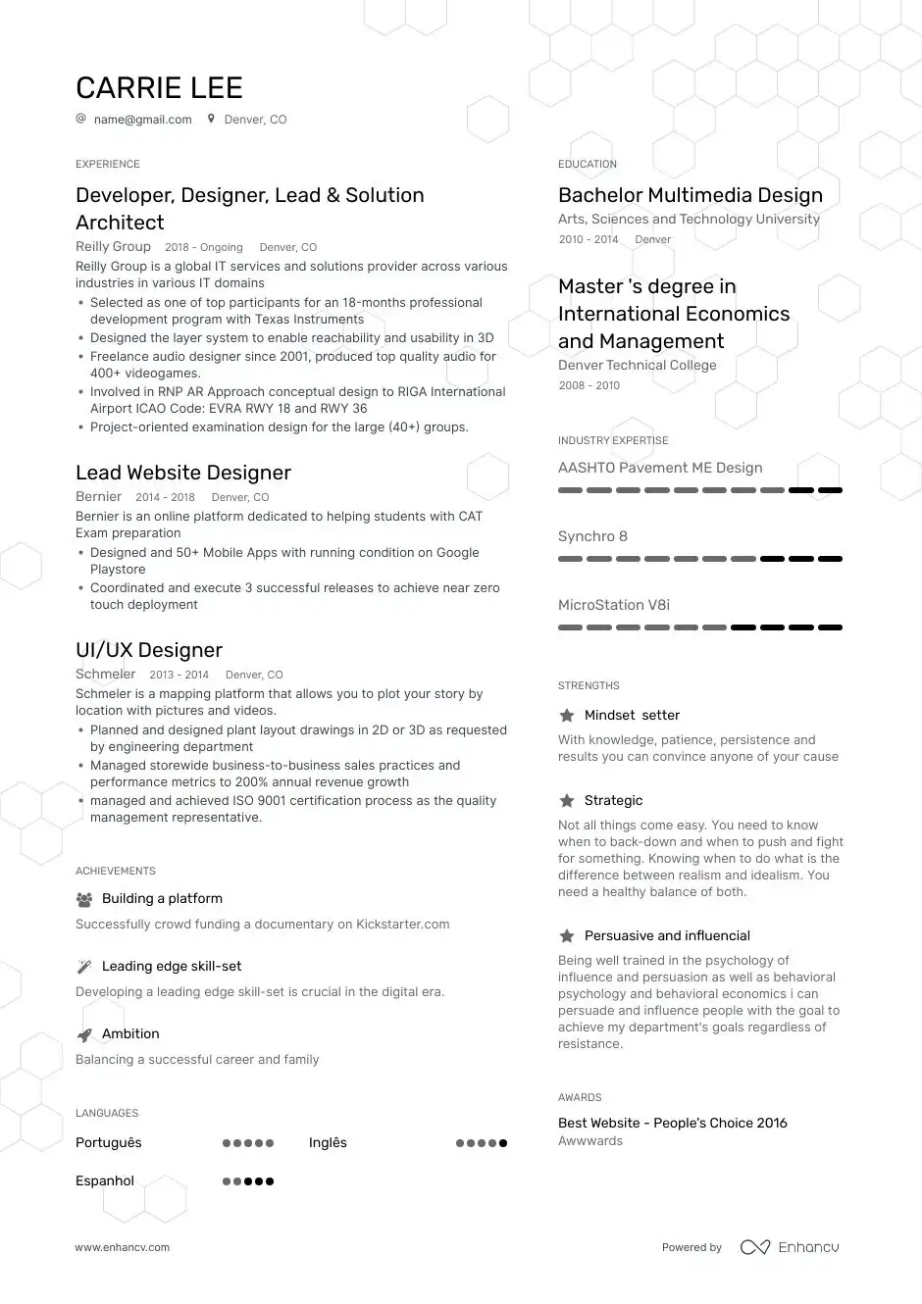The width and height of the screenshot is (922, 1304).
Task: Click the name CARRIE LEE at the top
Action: pos(159,88)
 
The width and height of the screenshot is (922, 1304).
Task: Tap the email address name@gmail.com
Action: pos(142,120)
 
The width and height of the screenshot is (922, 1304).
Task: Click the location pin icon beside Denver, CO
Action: pos(211,119)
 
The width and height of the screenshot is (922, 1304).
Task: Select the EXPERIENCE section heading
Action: pos(108,164)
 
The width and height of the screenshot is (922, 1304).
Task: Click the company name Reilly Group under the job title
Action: pos(113,247)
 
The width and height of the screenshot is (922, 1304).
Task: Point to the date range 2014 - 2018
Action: pos(165,497)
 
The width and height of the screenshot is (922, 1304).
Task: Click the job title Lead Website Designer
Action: pos(183,473)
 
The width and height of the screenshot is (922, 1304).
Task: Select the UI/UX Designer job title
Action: pos(149,650)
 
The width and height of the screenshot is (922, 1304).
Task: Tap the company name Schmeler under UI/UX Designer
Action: pos(106,675)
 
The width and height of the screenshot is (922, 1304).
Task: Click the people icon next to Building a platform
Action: pos(84,899)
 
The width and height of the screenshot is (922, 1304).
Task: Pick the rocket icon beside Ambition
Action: pos(84,1034)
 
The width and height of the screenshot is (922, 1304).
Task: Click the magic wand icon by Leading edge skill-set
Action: pos(84,967)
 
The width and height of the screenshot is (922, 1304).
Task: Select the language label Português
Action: pos(109,1143)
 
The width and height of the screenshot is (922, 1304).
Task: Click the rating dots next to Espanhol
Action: pos(248,1181)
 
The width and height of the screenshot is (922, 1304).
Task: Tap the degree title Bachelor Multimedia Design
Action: pos(691,195)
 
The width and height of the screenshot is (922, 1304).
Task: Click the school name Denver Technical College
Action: pos(638,366)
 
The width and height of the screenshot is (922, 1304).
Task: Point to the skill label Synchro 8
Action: pos(592,536)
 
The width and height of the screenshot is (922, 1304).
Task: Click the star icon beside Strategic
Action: pos(567,801)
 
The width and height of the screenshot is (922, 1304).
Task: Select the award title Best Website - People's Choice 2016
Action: pos(673,1124)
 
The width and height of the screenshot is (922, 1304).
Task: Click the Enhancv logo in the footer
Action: pos(790,1247)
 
